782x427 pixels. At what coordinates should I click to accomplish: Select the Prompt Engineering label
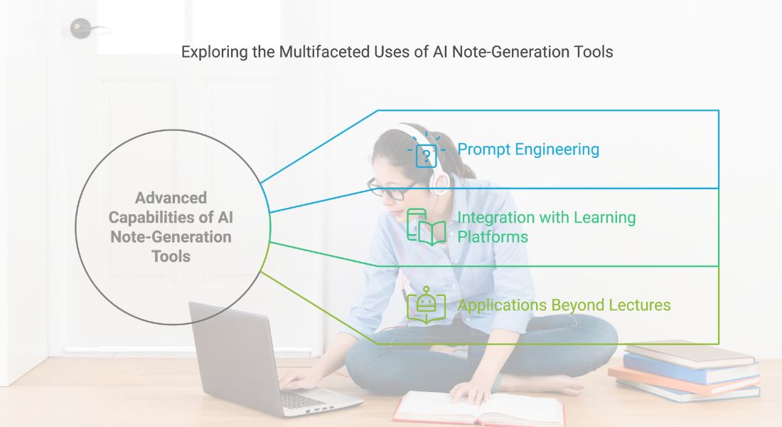pos(528,150)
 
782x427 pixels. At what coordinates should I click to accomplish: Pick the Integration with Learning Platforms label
pos(547,227)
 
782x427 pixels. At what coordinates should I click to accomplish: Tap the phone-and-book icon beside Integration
pos(426,227)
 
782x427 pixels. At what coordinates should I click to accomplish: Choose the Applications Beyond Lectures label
pos(564,305)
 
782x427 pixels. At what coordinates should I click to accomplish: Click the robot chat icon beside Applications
pos(426,305)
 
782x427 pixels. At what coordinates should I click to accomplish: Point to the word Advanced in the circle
pos(171,198)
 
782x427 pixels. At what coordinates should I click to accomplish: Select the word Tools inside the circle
pos(171,256)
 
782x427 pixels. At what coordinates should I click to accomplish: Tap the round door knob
pos(80,28)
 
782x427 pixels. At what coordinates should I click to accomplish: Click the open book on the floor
pos(478,408)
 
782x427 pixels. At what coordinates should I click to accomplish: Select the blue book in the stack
pos(691,369)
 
